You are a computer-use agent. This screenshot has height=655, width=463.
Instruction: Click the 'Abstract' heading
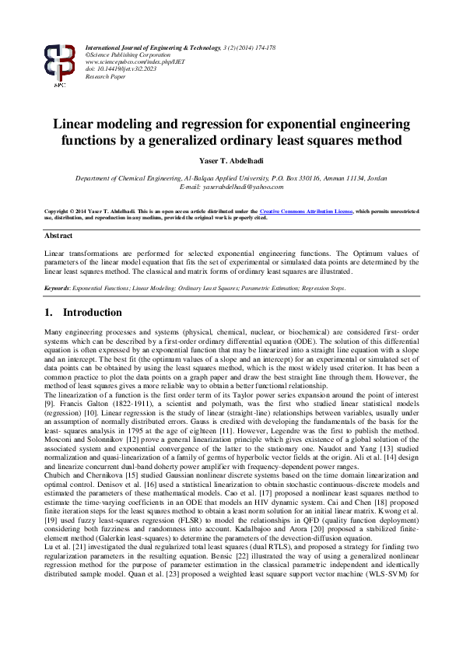pos(59,235)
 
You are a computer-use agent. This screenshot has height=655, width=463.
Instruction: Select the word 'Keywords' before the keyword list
pos(57,288)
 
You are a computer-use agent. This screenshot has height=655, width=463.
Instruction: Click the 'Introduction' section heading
pos(92,313)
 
